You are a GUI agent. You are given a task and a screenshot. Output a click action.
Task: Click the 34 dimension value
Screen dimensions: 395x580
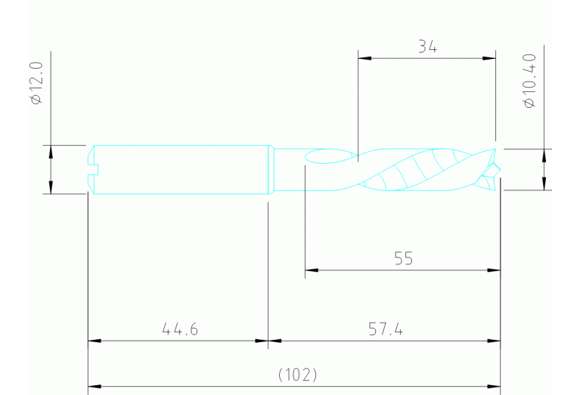click(x=427, y=47)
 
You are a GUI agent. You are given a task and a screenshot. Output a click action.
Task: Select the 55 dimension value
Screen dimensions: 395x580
click(x=404, y=259)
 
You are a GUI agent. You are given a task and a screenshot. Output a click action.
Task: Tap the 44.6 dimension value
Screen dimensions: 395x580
click(x=180, y=330)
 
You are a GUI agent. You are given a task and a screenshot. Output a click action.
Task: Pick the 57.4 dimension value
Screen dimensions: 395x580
click(x=386, y=330)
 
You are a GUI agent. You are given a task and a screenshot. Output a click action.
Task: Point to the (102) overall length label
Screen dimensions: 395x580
click(x=297, y=375)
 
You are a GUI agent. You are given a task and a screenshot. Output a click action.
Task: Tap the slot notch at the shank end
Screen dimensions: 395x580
click(x=95, y=170)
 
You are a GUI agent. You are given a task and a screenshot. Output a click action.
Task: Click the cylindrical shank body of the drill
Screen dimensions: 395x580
click(x=181, y=170)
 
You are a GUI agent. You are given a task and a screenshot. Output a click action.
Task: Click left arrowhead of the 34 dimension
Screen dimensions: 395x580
click(x=362, y=57)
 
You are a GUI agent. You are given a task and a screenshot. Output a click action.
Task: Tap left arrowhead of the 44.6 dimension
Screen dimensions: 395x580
click(x=93, y=341)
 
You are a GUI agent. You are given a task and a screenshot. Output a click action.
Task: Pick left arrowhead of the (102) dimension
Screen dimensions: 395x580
click(x=93, y=387)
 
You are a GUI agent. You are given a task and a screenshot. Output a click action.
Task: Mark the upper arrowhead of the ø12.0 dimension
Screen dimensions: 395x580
click(x=51, y=150)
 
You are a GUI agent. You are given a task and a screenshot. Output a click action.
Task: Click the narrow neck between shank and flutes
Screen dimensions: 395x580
click(x=287, y=170)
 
